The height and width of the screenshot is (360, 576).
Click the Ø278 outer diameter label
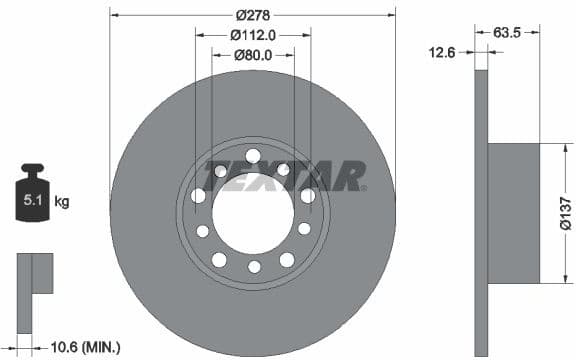click(x=253, y=15)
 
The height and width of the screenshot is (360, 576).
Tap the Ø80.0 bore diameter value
click(x=253, y=54)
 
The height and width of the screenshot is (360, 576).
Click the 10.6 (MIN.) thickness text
click(x=86, y=347)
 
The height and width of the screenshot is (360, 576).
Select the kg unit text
click(x=61, y=202)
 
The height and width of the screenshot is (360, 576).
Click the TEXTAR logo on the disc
click(x=285, y=176)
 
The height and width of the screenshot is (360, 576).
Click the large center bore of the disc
click(x=252, y=212)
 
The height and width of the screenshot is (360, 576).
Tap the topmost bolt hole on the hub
click(x=252, y=155)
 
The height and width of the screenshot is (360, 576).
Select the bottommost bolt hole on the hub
click(x=253, y=266)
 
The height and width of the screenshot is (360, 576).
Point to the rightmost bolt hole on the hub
click(x=308, y=196)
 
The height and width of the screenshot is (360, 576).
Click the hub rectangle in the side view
click(x=513, y=214)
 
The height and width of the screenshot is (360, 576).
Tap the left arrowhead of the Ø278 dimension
click(x=114, y=15)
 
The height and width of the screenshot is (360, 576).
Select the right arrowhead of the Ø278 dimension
click(x=392, y=15)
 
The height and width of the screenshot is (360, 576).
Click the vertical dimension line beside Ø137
click(x=552, y=214)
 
